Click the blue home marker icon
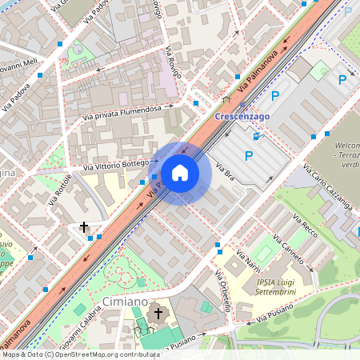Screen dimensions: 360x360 [x=180, y=173]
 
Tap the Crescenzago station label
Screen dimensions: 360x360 [x=242, y=115]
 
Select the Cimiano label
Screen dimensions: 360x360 [x=125, y=302]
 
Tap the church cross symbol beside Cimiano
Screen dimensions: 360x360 [x=158, y=312]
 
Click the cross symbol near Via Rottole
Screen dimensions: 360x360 [x=84, y=227]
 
